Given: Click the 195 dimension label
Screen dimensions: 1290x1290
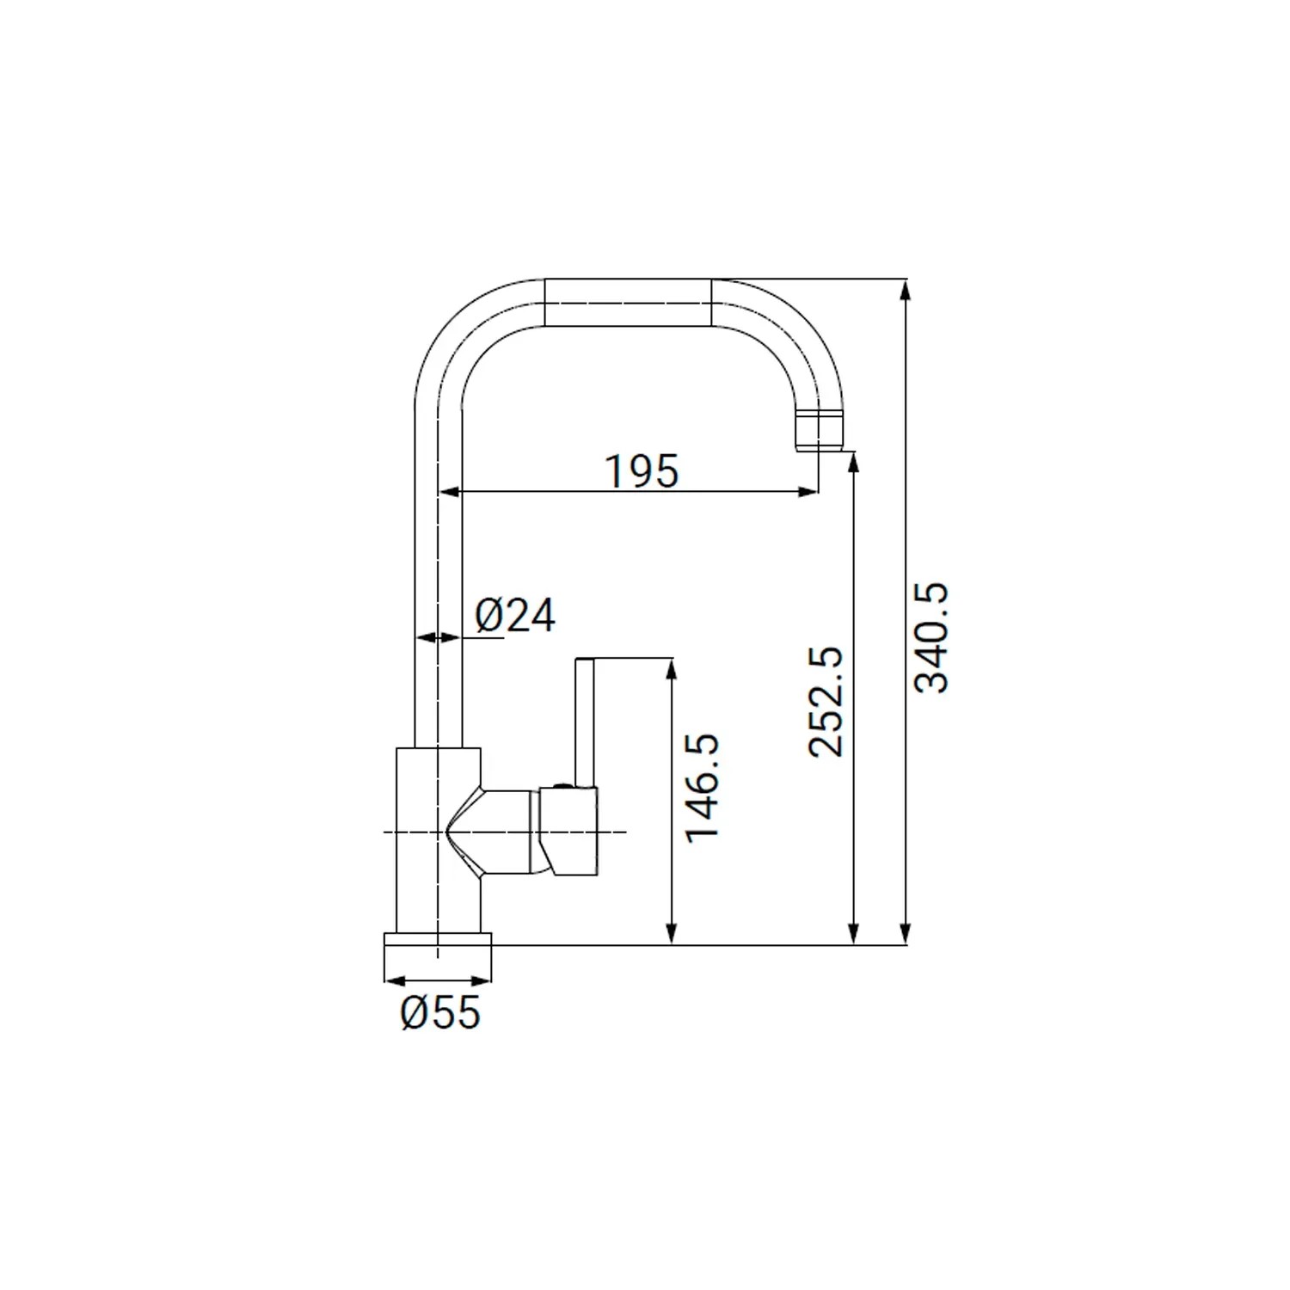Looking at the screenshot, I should (x=642, y=470).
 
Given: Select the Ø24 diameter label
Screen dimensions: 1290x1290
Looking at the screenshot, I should (x=515, y=616).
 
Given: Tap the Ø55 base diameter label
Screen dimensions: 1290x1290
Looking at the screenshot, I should (x=439, y=1013).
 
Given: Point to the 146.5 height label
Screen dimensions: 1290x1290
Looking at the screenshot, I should (x=703, y=787).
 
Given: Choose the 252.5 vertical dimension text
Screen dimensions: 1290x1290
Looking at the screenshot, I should (x=827, y=702).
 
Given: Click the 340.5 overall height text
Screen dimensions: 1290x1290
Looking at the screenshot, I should (x=931, y=637).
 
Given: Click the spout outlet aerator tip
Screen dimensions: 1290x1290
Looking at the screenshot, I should (x=819, y=431).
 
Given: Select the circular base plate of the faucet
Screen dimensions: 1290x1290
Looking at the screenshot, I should (x=437, y=944).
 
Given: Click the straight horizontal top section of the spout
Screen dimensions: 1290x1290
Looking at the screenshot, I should (x=629, y=303).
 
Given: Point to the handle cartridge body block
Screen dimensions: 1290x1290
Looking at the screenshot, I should (x=568, y=832).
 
